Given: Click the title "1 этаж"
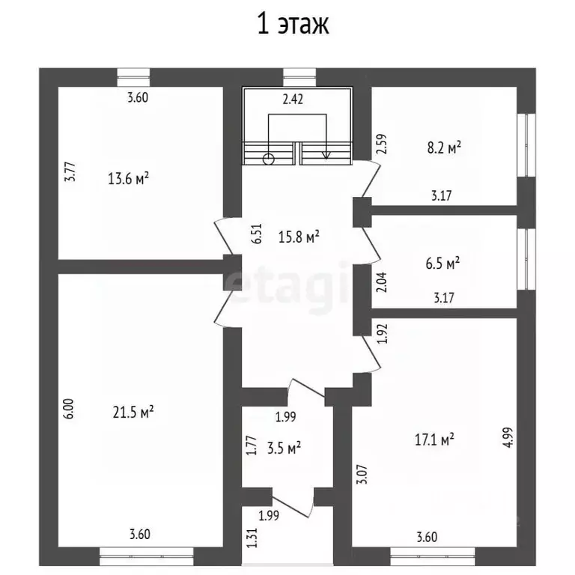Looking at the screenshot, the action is tap(293, 24).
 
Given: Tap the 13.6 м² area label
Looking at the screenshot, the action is tap(128, 179).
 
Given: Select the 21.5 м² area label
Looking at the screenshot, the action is tap(133, 413).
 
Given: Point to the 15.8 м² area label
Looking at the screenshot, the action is tap(299, 237).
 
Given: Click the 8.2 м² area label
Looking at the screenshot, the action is tap(444, 147).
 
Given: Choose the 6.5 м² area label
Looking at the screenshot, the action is tap(442, 263).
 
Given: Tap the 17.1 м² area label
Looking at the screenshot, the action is tap(434, 439).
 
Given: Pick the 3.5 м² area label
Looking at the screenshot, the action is tap(285, 448).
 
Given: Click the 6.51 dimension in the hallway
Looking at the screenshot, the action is tap(258, 234).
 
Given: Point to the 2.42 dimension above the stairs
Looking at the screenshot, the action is tap(293, 99).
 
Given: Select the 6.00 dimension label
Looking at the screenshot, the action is tap(70, 409).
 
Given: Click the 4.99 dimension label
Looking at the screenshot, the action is tap(509, 437).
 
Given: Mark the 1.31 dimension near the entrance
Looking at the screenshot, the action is tap(252, 538).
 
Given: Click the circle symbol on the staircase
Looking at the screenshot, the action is tap(269, 159).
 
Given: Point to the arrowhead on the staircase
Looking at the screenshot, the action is tap(326, 156).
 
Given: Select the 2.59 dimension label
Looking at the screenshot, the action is tap(381, 144).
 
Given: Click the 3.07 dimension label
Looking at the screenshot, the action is tap(362, 474).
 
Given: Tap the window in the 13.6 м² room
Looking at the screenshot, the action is tap(133, 77).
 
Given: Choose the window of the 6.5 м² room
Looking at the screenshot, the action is tap(526, 259).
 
